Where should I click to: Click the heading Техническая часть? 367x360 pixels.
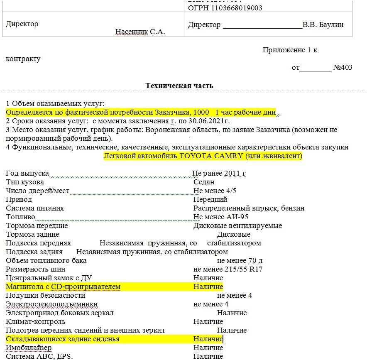179,86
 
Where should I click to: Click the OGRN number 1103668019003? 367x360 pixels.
237,8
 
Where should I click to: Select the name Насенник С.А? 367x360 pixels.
140,32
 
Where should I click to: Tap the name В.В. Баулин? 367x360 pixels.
323,24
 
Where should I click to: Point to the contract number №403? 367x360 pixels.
343,67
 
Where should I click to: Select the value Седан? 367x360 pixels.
204,182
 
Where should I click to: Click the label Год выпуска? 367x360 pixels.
27,173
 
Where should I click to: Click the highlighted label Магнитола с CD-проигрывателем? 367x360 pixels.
63,287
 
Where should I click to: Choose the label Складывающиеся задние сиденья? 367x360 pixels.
63,339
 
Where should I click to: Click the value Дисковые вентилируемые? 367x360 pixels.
237,225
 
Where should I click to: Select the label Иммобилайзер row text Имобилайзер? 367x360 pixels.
29,348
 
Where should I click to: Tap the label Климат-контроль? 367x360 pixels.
36,321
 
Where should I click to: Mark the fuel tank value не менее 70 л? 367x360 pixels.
240,260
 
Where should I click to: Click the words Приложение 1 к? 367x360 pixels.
290,50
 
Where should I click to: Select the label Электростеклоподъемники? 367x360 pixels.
52,304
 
